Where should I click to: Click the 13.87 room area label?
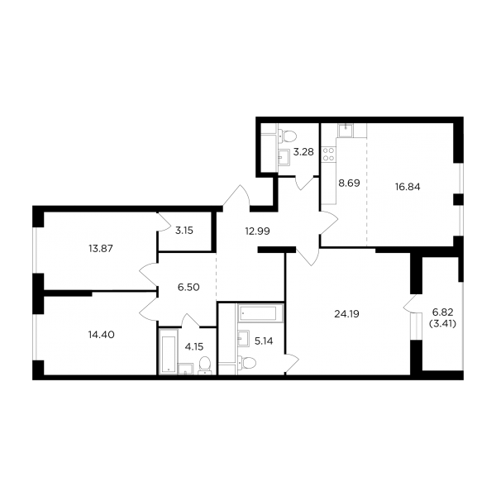tap(101, 249)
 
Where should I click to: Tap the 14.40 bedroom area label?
tap(101, 334)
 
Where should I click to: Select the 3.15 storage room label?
tap(184, 231)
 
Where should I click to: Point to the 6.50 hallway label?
tap(188, 287)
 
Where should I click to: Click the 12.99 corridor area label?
tap(257, 231)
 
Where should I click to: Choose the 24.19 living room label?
tap(346, 314)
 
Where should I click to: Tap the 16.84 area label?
tap(408, 187)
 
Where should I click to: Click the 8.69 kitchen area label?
tap(349, 184)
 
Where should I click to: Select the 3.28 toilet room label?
tap(303, 152)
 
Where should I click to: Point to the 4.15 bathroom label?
tap(194, 346)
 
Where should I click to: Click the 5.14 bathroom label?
tap(264, 341)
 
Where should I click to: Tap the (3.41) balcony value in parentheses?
tap(443, 323)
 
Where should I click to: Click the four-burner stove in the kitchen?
tap(328, 154)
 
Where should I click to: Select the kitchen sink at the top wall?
tap(346, 131)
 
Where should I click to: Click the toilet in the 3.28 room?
tap(287, 136)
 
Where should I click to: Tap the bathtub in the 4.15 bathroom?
tap(168, 352)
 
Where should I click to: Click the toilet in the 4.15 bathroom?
tap(205, 365)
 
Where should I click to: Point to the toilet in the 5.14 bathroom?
tap(246, 362)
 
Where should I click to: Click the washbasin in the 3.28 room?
tap(284, 157)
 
